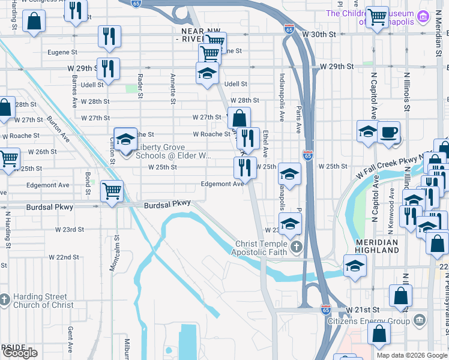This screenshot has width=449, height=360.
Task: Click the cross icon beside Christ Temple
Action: pyautogui.click(x=296, y=247)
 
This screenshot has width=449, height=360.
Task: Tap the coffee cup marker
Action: pyautogui.click(x=389, y=131)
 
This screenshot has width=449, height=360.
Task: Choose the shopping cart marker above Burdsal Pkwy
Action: pyautogui.click(x=112, y=191)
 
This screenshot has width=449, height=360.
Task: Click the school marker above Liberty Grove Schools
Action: pyautogui.click(x=125, y=139)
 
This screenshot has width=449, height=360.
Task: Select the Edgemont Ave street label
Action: pyautogui.click(x=223, y=184)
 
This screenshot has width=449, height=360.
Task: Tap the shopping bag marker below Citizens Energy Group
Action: pyautogui.click(x=379, y=334)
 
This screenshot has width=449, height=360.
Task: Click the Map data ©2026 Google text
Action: pyautogui.click(x=412, y=355)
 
